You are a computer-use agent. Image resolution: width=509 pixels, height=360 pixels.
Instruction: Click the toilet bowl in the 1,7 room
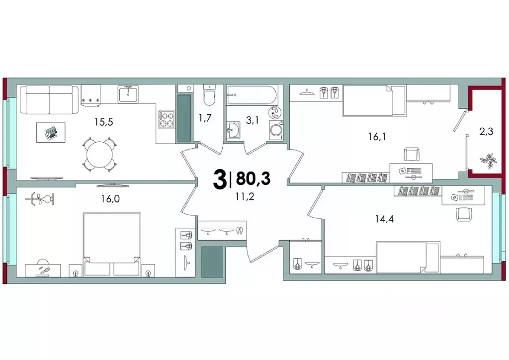pyautogui.click(x=210, y=95)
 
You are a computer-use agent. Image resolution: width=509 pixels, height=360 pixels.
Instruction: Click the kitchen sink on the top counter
pyautogui.click(x=129, y=93)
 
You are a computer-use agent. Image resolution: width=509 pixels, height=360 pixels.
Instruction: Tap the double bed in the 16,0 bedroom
pyautogui.click(x=111, y=244)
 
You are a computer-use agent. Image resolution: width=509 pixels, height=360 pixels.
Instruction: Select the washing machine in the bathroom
pyautogui.click(x=275, y=130)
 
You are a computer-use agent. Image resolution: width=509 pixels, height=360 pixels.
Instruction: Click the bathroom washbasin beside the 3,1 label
pyautogui.click(x=233, y=131)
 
